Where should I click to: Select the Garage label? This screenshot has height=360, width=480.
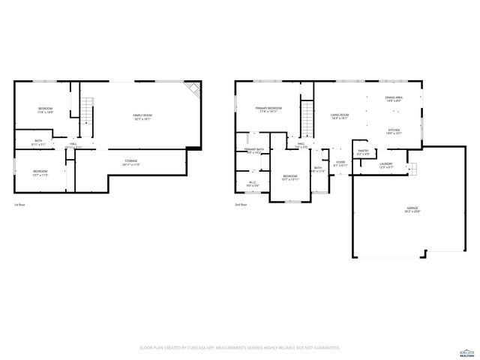tap(412, 209)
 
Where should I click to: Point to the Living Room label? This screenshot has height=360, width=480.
tap(340, 116)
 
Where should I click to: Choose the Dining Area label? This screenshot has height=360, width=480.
tap(394, 99)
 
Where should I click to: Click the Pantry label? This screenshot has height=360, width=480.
tap(363, 152)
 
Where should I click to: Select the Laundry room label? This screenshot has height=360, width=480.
tap(385, 165)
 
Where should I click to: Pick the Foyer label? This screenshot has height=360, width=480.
tap(340, 163)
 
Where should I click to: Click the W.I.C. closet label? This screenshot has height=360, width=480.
tap(253, 183)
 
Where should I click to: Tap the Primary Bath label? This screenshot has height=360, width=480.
tap(254, 151)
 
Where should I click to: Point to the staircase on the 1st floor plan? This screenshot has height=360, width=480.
tap(86, 112)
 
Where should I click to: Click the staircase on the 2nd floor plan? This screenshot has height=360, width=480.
tap(307, 116)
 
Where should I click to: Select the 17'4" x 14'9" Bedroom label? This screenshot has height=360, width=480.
tap(45, 110)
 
